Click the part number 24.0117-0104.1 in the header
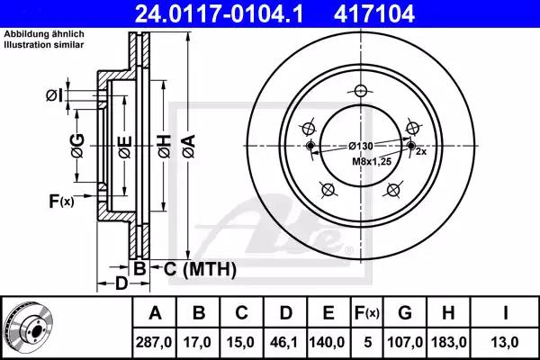(x=219, y=13)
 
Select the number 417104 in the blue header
(x=374, y=13)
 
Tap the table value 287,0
(x=154, y=342)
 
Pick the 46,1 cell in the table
(x=284, y=342)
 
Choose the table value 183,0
(x=449, y=342)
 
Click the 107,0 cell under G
(x=405, y=342)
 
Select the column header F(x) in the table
(x=367, y=313)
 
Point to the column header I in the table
(x=505, y=313)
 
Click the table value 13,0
(x=505, y=342)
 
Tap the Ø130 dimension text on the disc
(x=361, y=146)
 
